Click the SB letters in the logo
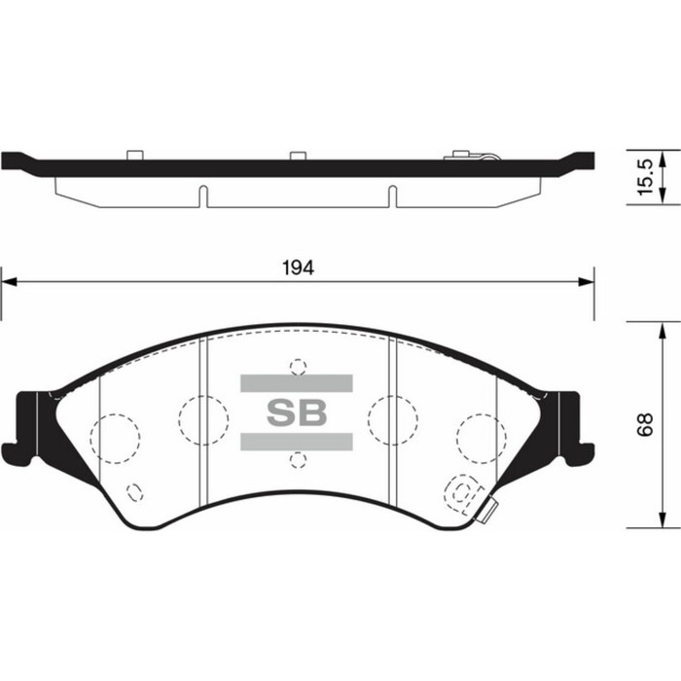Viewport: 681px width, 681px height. click(297, 412)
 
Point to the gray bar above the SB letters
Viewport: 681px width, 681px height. click(297, 382)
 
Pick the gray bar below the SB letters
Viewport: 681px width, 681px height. click(297, 443)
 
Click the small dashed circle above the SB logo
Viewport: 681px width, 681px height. click(298, 367)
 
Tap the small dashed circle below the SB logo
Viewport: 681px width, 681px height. click(298, 459)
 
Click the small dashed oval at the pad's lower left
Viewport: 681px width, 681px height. click(135, 490)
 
